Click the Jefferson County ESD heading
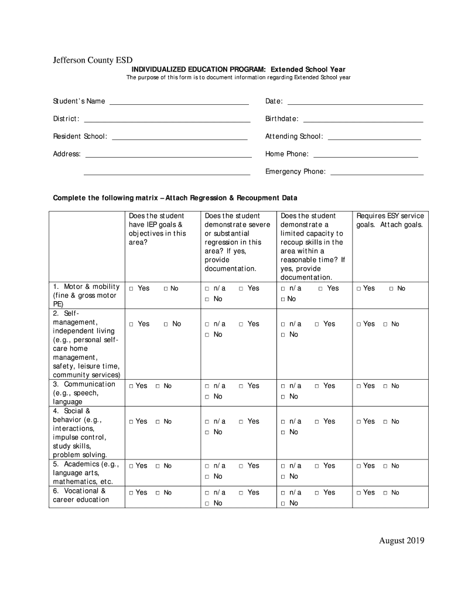coord(90,60)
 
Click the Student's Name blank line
coord(179,103)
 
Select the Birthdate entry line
coord(362,120)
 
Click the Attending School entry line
coord(374,138)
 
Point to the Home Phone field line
coord(365,155)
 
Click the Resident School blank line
coord(179,138)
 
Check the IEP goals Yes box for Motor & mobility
coord(132,289)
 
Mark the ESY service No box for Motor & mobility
coord(392,289)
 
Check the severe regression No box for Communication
coord(207,397)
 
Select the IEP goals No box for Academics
coord(158,466)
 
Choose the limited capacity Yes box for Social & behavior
coord(317,422)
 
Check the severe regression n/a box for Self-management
coord(207,324)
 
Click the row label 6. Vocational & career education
coord(81,496)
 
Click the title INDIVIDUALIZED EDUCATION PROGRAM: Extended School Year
coord(238,69)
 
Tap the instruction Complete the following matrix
coord(175,197)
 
